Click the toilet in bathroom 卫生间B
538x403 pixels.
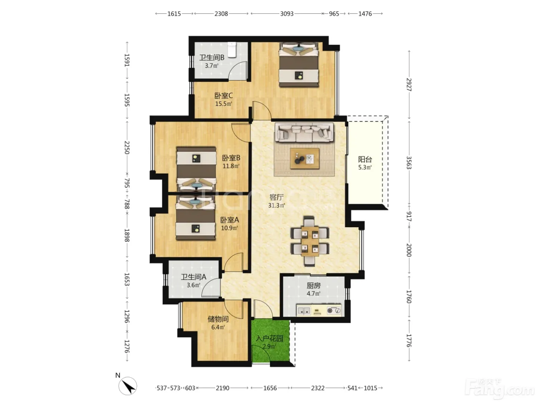coord(232,50)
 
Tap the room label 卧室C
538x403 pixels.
coord(224,95)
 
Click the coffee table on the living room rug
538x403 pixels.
coord(305,158)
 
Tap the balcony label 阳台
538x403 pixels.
coord(365,159)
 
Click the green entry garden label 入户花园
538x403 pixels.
coord(269,339)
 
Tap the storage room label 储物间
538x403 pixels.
coord(218,319)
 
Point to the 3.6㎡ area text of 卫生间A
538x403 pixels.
coord(193,285)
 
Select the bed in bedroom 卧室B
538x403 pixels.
coord(196,169)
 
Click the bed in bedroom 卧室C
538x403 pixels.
coord(299,64)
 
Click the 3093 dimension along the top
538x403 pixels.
coord(287,14)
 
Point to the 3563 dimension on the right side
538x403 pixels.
coord(408,162)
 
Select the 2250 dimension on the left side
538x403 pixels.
coord(127,147)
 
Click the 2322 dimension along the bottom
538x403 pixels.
coord(318,388)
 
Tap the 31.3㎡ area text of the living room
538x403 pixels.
coord(276,205)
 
